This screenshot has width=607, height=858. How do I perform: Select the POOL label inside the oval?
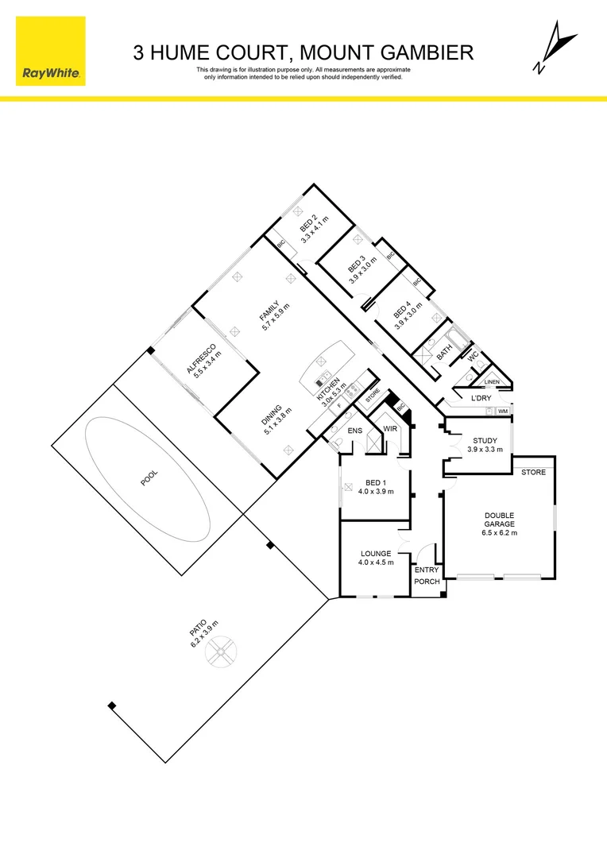pyautogui.click(x=149, y=478)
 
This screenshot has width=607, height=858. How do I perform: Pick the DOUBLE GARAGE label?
pyautogui.click(x=500, y=520)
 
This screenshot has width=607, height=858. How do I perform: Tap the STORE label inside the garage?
pyautogui.click(x=533, y=473)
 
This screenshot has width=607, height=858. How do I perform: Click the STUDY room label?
pyautogui.click(x=485, y=440)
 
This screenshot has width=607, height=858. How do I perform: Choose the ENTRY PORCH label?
pyautogui.click(x=427, y=577)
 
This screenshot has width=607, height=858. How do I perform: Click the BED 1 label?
pyautogui.click(x=375, y=481)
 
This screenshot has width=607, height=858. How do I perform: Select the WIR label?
pyautogui.click(x=390, y=429)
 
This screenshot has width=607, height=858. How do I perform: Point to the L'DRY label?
pyautogui.click(x=482, y=398)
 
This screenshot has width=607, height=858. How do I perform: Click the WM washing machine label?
pyautogui.click(x=503, y=411)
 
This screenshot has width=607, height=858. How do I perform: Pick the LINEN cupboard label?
pyautogui.click(x=492, y=382)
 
